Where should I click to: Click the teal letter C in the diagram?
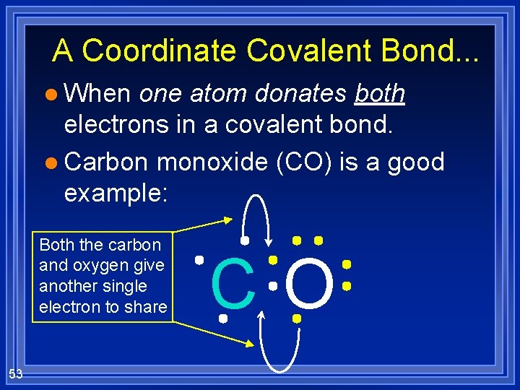coord(233,282)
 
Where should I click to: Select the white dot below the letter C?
coord(223,318)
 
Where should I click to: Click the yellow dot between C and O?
coord(273,259)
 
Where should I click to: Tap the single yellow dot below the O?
coord(296,318)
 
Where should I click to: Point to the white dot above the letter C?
coord(245,240)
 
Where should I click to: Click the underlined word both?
coord(380,94)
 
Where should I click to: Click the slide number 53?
coord(15,373)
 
